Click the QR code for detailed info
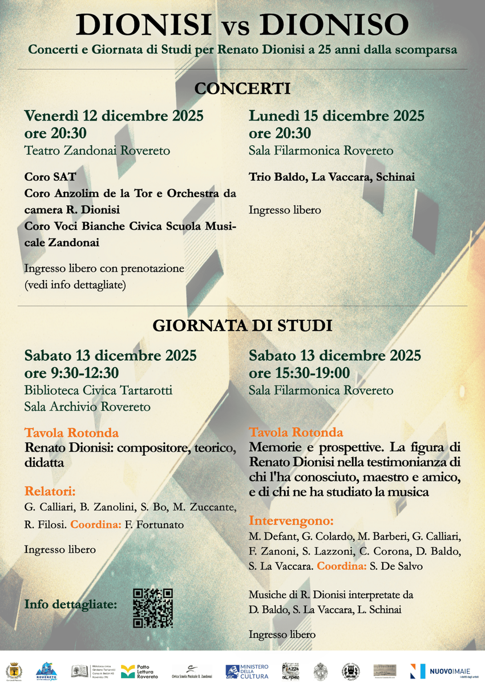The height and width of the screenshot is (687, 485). pyautogui.click(x=152, y=608)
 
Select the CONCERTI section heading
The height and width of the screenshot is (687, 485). pyautogui.click(x=242, y=89)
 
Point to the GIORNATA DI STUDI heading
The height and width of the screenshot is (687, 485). pyautogui.click(x=242, y=326)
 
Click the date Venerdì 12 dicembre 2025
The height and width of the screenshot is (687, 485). pyautogui.click(x=114, y=116)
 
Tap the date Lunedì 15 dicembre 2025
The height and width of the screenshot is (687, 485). pyautogui.click(x=337, y=116)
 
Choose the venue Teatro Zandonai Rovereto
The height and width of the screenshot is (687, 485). pyautogui.click(x=97, y=151)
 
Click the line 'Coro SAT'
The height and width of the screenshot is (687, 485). pyautogui.click(x=50, y=177)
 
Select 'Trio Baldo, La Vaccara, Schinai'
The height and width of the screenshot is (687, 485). pyautogui.click(x=332, y=177)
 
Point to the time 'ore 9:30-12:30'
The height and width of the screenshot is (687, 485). pyautogui.click(x=71, y=373)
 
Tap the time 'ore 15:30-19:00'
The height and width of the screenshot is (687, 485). pyautogui.click(x=299, y=373)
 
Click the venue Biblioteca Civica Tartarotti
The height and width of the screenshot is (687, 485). pyautogui.click(x=98, y=391)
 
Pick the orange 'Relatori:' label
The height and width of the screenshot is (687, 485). pyautogui.click(x=50, y=491)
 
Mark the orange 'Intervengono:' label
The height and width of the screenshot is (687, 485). pyautogui.click(x=291, y=521)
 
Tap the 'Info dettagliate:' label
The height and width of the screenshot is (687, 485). pyautogui.click(x=71, y=604)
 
